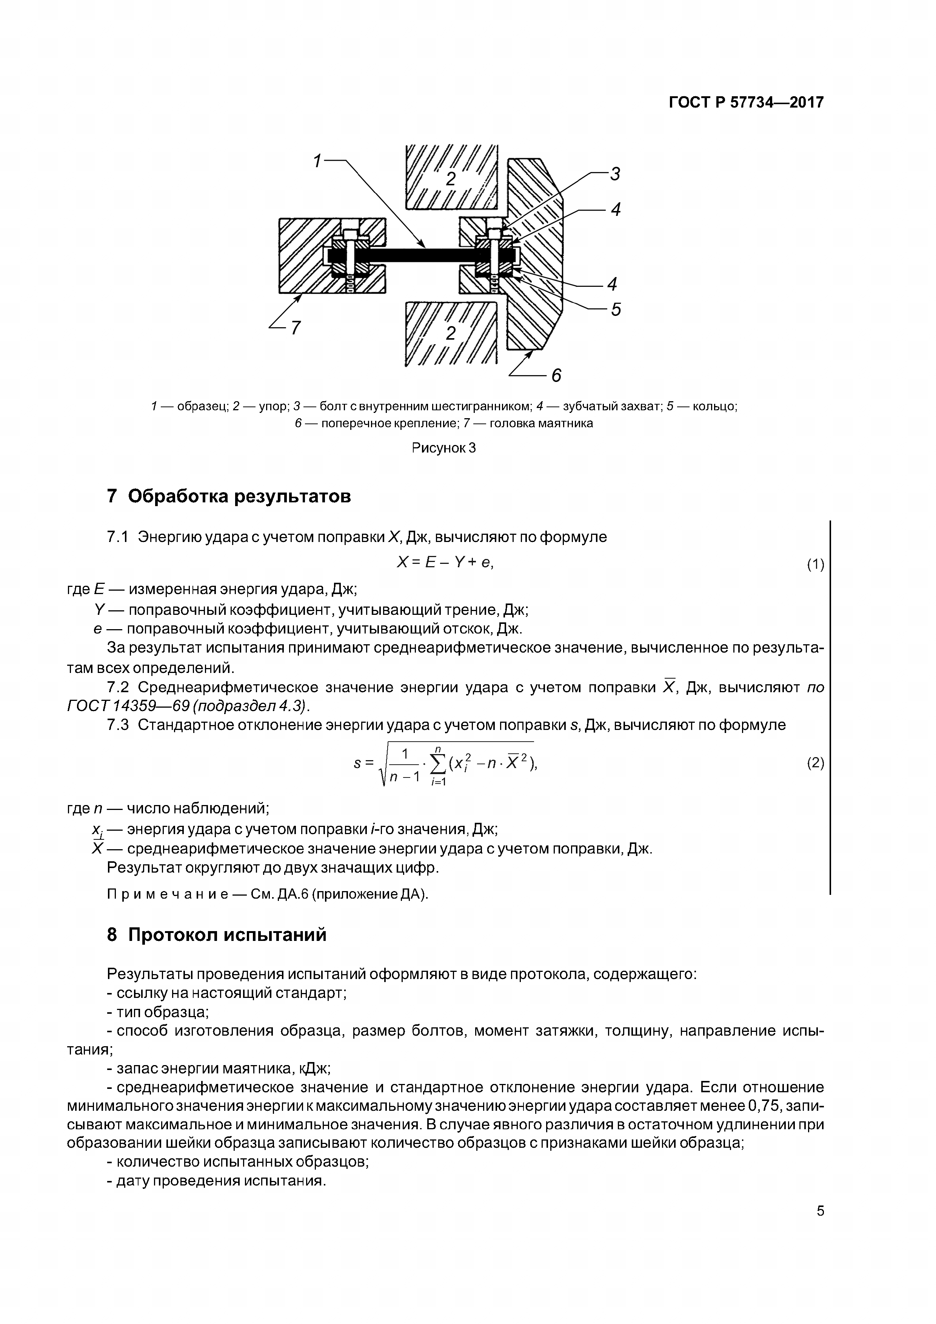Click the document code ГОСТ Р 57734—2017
pos(746,103)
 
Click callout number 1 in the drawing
pos(317,161)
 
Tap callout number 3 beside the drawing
pos(615,174)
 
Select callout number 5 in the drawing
pos(616,309)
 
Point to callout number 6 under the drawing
pos(556,376)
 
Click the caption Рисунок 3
pos(443,448)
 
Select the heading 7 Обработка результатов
pos(229,496)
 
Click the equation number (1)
pos(815,565)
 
